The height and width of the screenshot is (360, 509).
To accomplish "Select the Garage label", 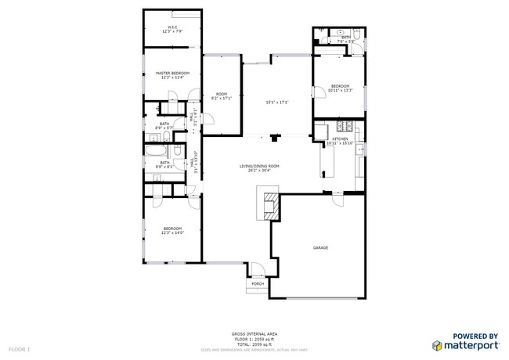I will (320, 247).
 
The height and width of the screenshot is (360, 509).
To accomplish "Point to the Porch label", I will (257, 283).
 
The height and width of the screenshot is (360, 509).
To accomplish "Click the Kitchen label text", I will (341, 139).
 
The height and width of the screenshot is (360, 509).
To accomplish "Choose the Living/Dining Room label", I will (259, 166).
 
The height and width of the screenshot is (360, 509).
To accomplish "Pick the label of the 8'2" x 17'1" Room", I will (222, 95).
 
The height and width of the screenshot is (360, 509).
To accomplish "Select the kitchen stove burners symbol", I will (342, 127).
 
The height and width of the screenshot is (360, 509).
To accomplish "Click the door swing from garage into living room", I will (338, 201).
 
